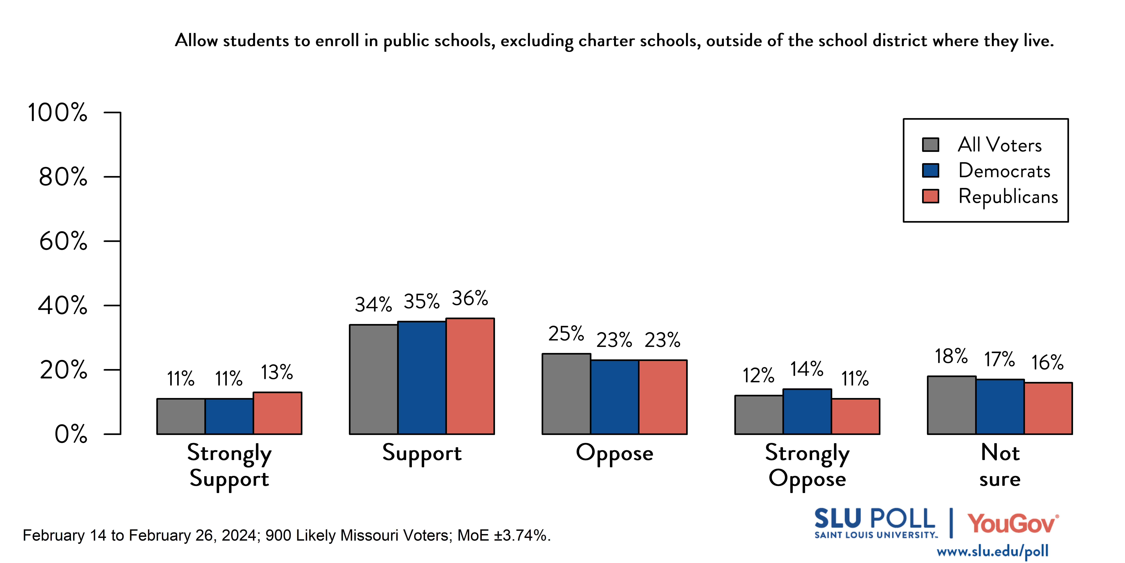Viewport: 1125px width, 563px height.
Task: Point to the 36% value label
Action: tap(470, 299)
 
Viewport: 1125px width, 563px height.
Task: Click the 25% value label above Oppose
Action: tap(566, 334)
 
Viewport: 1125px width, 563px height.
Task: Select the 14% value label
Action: tap(807, 369)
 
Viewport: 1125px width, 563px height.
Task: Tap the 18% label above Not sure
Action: tap(951, 356)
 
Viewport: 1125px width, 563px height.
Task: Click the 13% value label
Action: tap(277, 372)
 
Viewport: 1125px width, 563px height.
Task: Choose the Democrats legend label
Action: tap(1004, 171)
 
